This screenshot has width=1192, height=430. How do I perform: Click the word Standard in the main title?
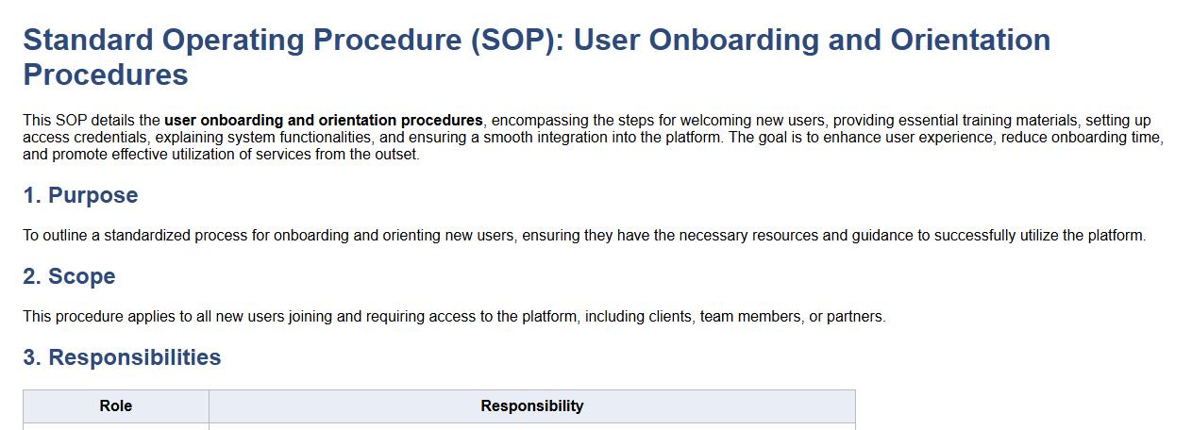click(89, 40)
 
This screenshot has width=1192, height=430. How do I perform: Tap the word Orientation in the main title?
click(970, 40)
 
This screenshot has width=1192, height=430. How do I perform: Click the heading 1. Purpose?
click(80, 195)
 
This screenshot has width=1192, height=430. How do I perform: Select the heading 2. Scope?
click(69, 276)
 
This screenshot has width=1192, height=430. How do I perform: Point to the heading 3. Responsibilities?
click(122, 357)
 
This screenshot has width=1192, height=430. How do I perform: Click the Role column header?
click(115, 406)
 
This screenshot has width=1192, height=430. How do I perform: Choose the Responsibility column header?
click(532, 406)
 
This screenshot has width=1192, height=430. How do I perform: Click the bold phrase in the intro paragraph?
click(324, 121)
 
